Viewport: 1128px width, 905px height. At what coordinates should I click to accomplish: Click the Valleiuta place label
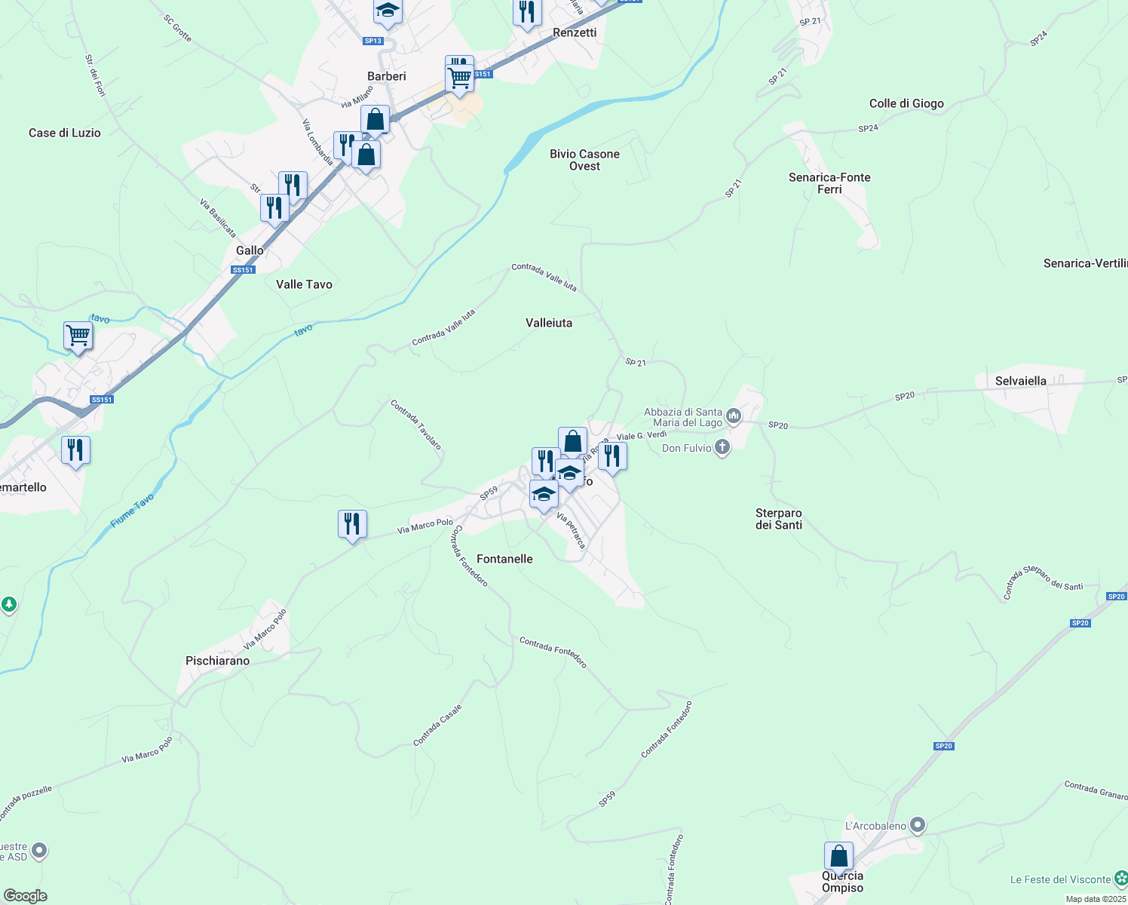pyautogui.click(x=548, y=323)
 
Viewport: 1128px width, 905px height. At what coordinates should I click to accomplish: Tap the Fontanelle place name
pyautogui.click(x=504, y=559)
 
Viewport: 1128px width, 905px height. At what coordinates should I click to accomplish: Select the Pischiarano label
pyautogui.click(x=217, y=661)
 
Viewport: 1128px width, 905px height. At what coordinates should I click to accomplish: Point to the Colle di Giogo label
pyautogui.click(x=906, y=103)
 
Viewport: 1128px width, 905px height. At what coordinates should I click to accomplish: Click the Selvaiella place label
pyautogui.click(x=1020, y=381)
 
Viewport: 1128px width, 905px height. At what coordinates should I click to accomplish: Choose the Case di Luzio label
pyautogui.click(x=65, y=133)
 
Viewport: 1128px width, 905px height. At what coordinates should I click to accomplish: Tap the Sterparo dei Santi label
pyautogui.click(x=778, y=519)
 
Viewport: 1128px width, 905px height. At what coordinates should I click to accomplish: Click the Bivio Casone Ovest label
pyautogui.click(x=584, y=160)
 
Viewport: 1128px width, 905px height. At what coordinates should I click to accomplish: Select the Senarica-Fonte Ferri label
pyautogui.click(x=829, y=183)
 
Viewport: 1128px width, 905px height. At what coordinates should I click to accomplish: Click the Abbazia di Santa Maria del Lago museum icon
pyautogui.click(x=733, y=416)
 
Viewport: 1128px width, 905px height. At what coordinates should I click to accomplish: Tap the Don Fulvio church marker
pyautogui.click(x=722, y=448)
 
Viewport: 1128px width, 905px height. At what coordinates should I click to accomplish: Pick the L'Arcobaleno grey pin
pyautogui.click(x=917, y=825)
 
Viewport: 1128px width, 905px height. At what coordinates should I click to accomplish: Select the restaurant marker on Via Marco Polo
pyautogui.click(x=352, y=523)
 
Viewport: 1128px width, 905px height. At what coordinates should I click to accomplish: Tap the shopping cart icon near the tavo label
pyautogui.click(x=78, y=336)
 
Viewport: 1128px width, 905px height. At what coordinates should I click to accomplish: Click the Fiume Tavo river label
pyautogui.click(x=132, y=510)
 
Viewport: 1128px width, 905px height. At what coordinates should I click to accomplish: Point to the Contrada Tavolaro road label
pyautogui.click(x=415, y=425)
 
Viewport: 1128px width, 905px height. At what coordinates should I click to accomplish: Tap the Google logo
pyautogui.click(x=26, y=896)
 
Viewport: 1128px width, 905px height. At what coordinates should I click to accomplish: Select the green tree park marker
pyautogui.click(x=8, y=604)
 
